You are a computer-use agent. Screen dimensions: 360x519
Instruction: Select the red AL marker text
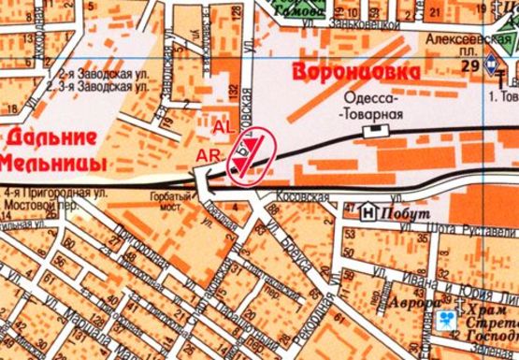point(223,125)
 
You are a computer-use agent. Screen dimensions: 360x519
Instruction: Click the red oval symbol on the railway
point(252,158)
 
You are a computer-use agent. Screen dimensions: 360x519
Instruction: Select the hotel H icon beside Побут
point(368,212)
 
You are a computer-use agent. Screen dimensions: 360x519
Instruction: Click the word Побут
point(398,213)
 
